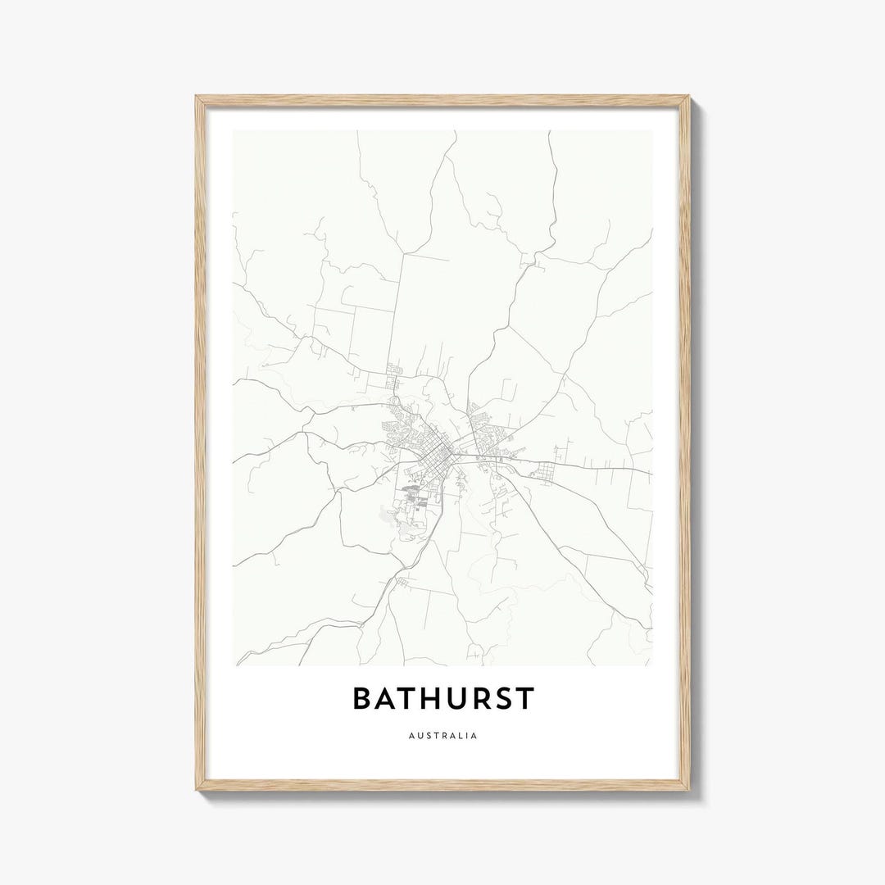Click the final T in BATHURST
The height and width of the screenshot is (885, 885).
(526, 699)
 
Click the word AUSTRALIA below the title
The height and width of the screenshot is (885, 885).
(442, 736)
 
